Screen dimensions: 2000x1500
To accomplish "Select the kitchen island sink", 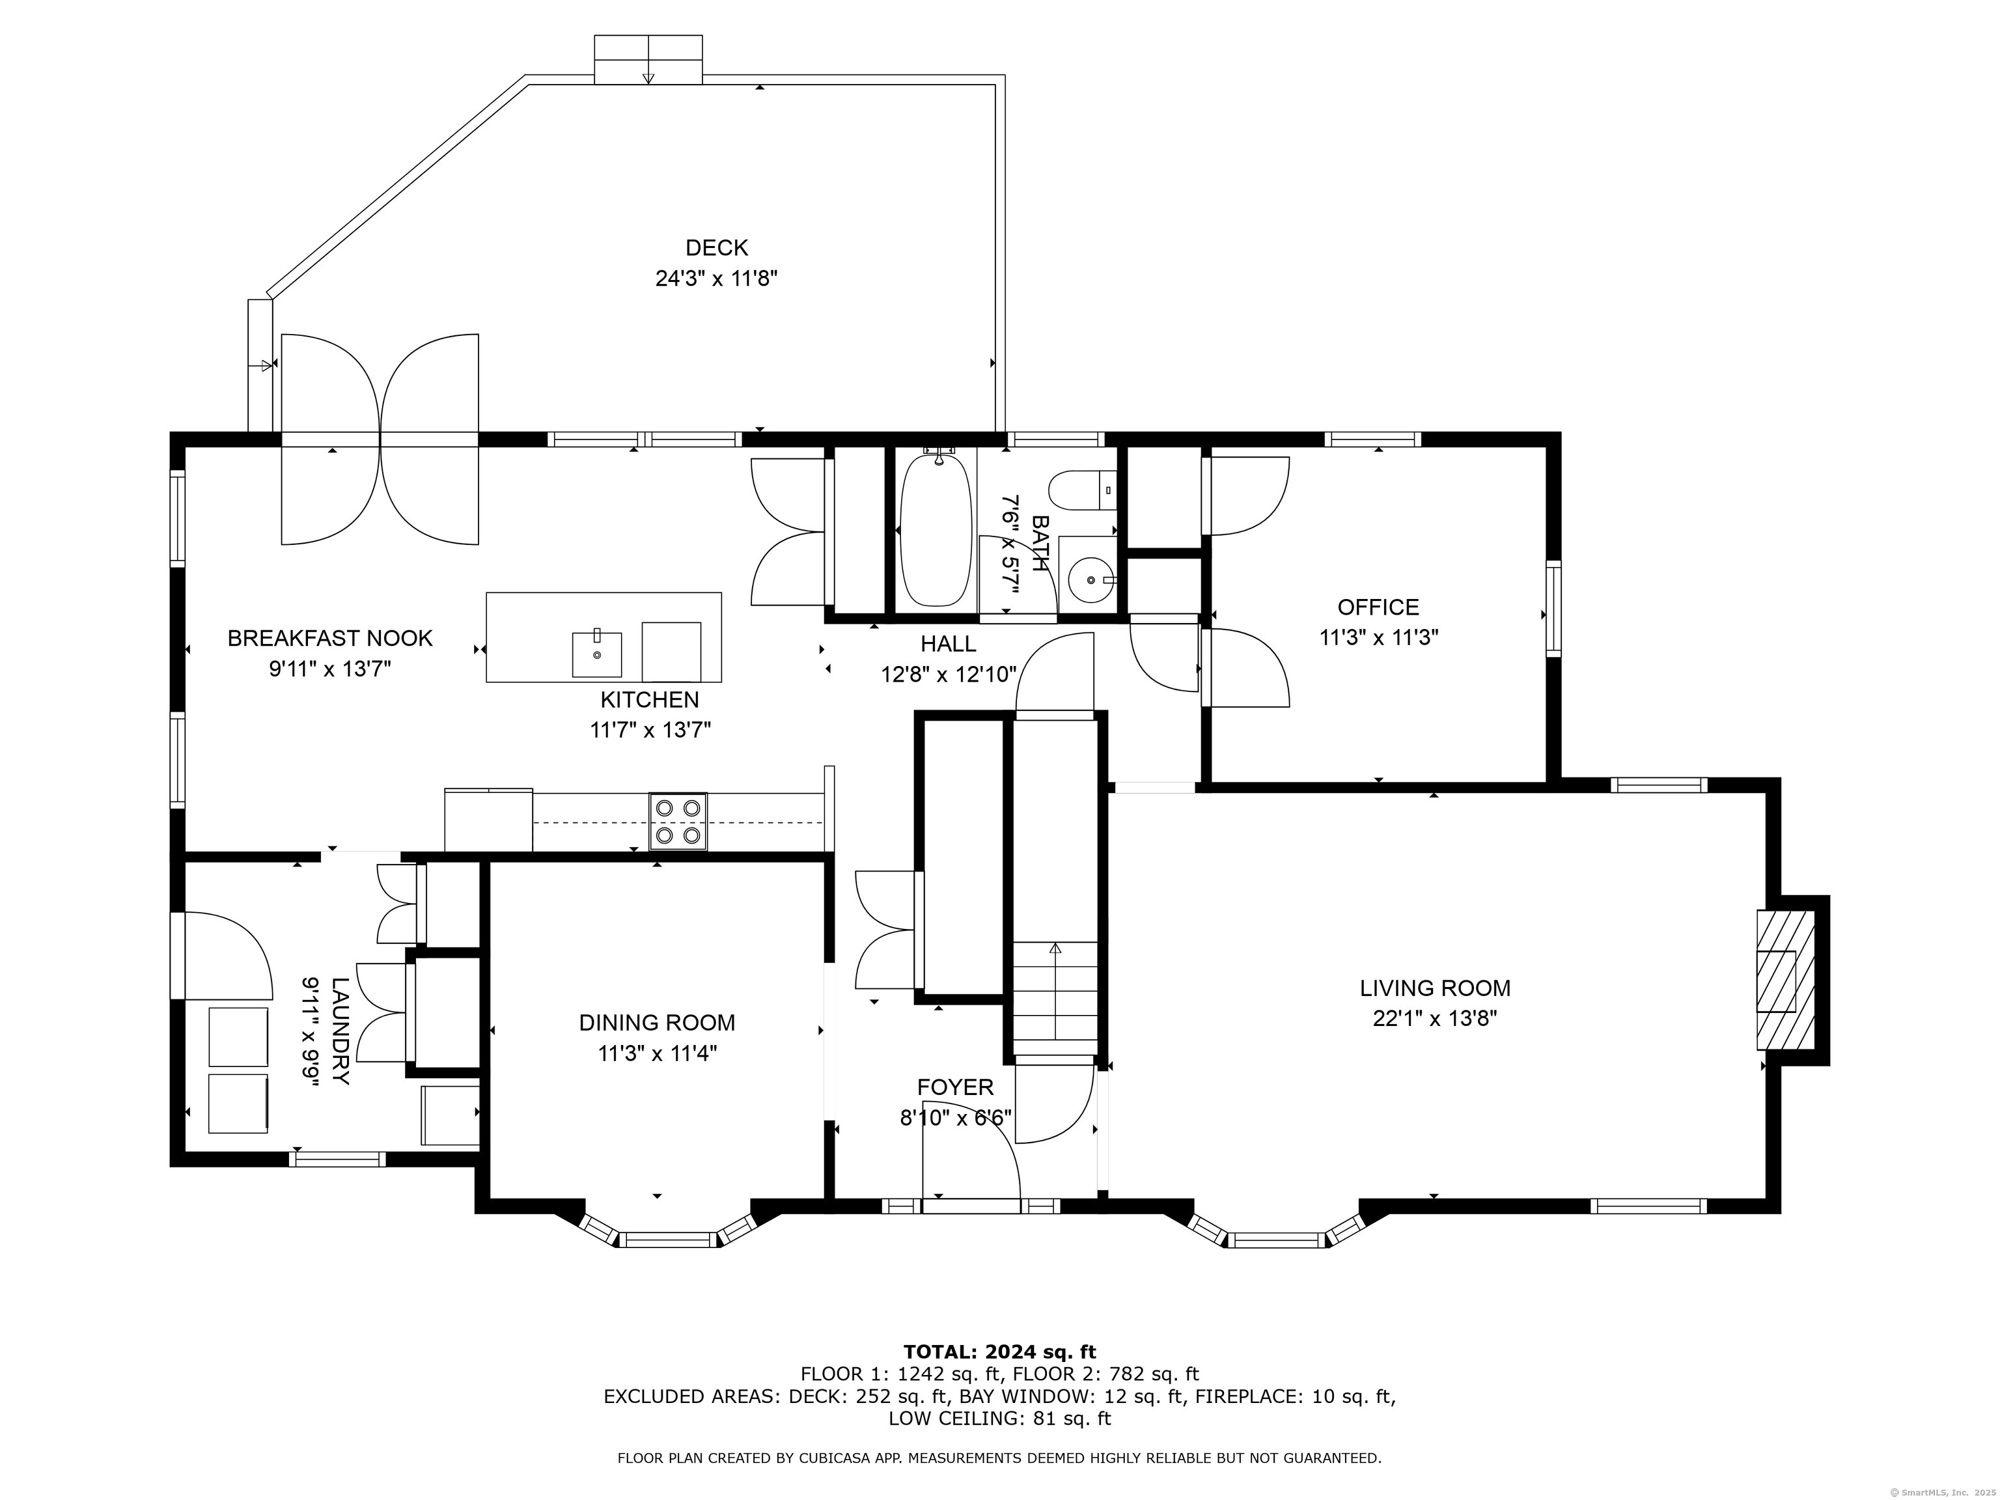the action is click(x=597, y=654).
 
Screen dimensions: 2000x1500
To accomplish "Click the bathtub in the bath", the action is click(x=937, y=530).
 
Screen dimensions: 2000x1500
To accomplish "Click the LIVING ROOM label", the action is click(x=1435, y=988).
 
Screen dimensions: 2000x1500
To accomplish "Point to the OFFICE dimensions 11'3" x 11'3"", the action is click(x=1379, y=637).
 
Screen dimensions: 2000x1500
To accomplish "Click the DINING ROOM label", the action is click(x=658, y=1023).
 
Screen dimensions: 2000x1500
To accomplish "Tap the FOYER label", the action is click(x=955, y=1087).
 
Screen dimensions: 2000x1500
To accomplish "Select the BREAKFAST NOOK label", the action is click(x=330, y=638).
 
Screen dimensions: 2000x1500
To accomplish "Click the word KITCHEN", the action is click(x=650, y=700).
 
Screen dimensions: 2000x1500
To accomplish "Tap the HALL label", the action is click(x=949, y=644).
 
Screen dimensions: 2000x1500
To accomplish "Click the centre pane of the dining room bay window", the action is click(x=667, y=1240).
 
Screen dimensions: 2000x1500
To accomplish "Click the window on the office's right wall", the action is click(x=1553, y=607).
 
